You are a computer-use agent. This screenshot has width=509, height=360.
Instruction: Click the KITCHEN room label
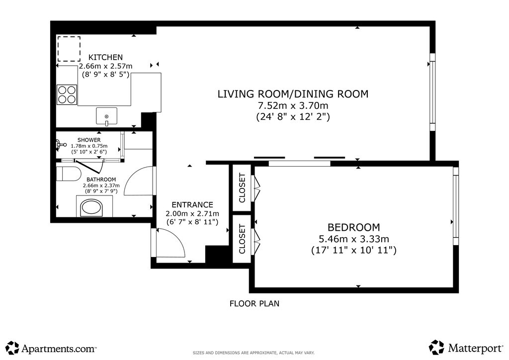(105, 57)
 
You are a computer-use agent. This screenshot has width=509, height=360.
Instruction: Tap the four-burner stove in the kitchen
(67, 94)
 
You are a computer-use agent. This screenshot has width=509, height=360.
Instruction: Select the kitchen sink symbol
(106, 116)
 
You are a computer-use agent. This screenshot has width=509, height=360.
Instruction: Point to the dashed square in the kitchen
(69, 49)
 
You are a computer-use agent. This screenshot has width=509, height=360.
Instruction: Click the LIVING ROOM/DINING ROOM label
(293, 94)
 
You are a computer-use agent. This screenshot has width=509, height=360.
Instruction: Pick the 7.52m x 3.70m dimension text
(293, 105)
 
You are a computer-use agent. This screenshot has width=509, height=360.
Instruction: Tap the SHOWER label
(89, 140)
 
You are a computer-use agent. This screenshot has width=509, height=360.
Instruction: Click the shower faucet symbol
(60, 145)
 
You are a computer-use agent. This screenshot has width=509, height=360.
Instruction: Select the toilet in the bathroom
(69, 174)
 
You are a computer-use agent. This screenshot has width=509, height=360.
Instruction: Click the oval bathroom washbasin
(91, 208)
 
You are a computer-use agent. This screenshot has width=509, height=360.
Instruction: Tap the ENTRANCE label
(192, 205)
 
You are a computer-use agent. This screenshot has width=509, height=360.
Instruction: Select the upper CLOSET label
(242, 188)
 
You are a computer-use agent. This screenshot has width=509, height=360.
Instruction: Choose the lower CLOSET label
(242, 239)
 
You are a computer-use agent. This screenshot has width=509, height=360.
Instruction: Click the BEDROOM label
(353, 227)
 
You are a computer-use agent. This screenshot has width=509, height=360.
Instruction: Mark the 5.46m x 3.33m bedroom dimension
(354, 239)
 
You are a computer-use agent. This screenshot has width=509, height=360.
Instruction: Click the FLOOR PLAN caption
(254, 303)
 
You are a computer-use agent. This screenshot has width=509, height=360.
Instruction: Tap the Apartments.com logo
(51, 348)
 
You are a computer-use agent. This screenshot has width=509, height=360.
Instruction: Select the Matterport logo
(466, 348)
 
